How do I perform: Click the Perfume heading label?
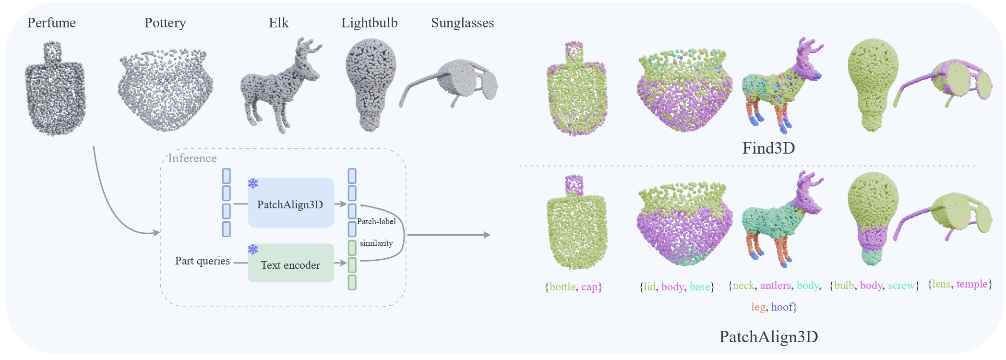[x=51, y=23]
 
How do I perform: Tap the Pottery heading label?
[x=165, y=23]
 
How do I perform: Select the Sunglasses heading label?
[x=462, y=23]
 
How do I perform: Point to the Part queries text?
[x=202, y=261]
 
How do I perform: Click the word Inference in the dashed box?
[x=192, y=158]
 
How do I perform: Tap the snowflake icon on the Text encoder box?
[x=253, y=249]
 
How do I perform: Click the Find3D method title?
[x=768, y=148]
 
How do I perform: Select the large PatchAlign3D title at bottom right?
[x=768, y=337]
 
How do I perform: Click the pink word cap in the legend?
[x=589, y=287]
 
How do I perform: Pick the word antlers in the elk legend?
[x=775, y=286]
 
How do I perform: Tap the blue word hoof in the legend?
[x=782, y=307]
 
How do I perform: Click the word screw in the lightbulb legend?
[x=901, y=286]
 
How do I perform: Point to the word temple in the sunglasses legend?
[x=972, y=284]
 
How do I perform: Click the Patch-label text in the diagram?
[x=376, y=221]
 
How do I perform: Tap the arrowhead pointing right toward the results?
[x=487, y=235]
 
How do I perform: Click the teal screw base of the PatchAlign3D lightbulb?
[x=872, y=256]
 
